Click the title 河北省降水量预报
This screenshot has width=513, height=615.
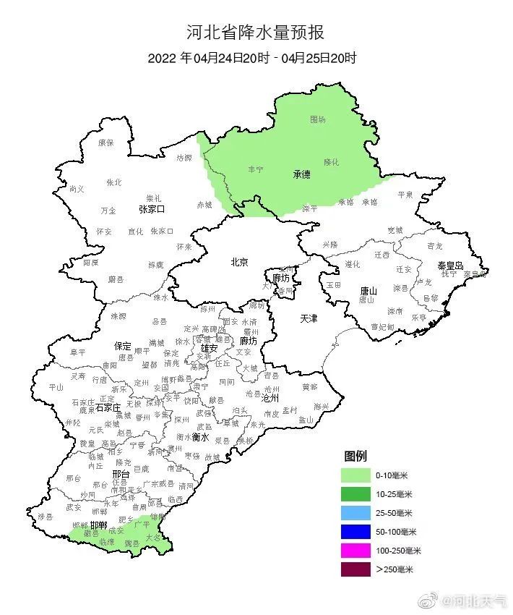click(x=255, y=33)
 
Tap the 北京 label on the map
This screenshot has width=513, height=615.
click(x=238, y=262)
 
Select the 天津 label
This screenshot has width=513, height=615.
click(x=309, y=318)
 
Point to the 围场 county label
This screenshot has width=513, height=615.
click(x=318, y=119)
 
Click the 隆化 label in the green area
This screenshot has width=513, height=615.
click(x=331, y=162)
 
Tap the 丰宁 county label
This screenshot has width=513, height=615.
click(x=256, y=169)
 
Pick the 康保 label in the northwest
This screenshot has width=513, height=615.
click(x=105, y=143)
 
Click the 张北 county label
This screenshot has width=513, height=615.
click(x=114, y=182)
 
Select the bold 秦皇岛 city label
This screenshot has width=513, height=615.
click(x=449, y=266)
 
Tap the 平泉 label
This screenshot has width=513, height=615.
click(x=405, y=195)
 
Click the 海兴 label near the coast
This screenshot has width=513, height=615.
click(x=321, y=406)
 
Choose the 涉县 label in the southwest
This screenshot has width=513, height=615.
click(x=46, y=516)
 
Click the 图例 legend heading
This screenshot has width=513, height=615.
click(x=355, y=457)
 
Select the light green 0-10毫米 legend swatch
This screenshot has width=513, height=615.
click(x=355, y=475)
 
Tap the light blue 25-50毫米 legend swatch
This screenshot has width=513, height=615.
click(x=355, y=513)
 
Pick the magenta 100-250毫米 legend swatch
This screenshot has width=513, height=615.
click(x=355, y=551)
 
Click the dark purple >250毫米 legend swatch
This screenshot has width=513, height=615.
click(x=355, y=569)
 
